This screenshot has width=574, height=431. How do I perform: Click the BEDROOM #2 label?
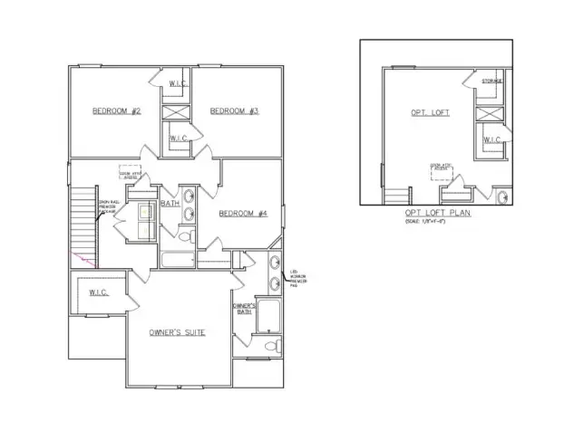tap(117, 111)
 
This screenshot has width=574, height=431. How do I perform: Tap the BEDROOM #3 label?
tap(234, 111)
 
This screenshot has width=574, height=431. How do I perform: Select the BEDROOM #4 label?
tap(242, 214)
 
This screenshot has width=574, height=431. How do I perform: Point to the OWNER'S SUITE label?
tap(176, 332)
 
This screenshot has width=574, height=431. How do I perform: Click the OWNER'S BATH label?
tap(242, 311)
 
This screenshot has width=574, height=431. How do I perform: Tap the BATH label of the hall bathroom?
tap(170, 204)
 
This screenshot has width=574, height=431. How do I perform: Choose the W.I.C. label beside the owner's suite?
tap(98, 292)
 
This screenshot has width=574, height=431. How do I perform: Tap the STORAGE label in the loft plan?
tap(492, 81)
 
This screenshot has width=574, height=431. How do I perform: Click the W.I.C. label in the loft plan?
tap(491, 139)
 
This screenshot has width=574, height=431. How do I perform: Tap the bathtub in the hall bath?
tap(177, 261)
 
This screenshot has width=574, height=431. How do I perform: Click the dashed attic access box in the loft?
tap(442, 168)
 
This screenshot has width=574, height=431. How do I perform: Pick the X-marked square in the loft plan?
tap(490, 112)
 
